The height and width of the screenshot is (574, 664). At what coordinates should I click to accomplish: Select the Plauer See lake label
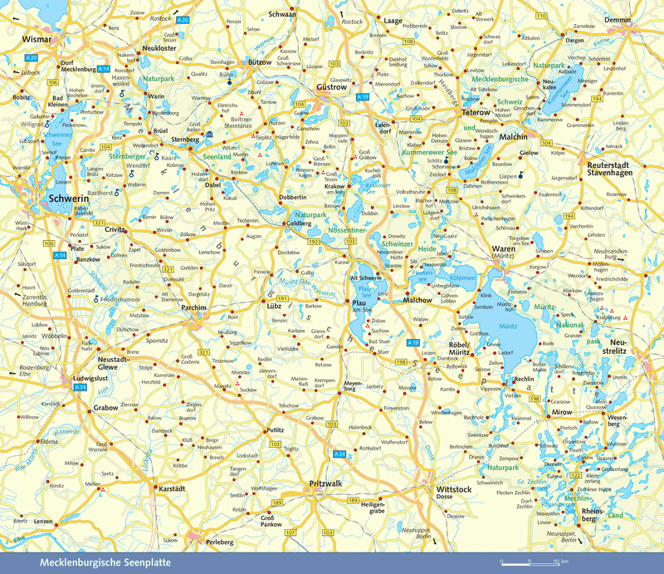(362, 294)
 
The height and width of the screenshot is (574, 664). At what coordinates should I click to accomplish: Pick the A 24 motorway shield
(339, 454)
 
